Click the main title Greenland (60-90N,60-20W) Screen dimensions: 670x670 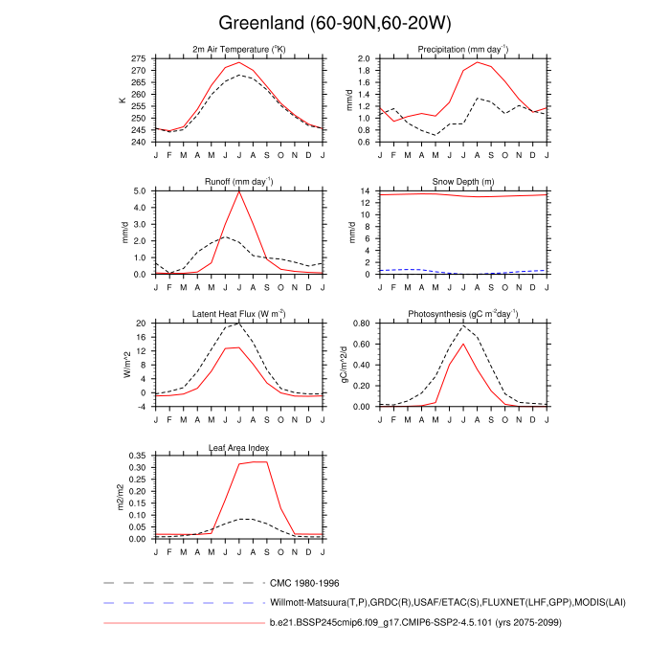334,22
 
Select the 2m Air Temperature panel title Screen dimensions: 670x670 238,50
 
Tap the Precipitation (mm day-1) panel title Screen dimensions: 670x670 462,50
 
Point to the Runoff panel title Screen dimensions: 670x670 238,182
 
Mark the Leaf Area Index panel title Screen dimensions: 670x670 238,448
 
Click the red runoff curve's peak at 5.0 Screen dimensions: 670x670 239,191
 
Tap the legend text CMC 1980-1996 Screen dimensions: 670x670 304,582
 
